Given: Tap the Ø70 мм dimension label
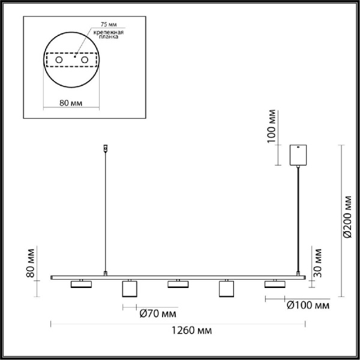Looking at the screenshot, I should tap(157, 313).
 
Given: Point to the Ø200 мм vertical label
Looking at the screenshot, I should tap(347, 220).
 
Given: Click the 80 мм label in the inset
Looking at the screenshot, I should tap(71, 103).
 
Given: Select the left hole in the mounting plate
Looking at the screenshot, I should tap(58, 61).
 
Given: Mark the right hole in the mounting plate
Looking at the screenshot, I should tap(85, 61).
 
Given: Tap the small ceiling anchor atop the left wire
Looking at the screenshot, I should tap(106, 147).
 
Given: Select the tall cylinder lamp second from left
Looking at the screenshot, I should tap(128, 289).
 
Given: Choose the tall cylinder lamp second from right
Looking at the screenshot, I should tap(226, 289).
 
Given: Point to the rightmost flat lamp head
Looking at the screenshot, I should tap(274, 284).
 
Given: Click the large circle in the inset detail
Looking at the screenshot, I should tap(71, 61).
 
